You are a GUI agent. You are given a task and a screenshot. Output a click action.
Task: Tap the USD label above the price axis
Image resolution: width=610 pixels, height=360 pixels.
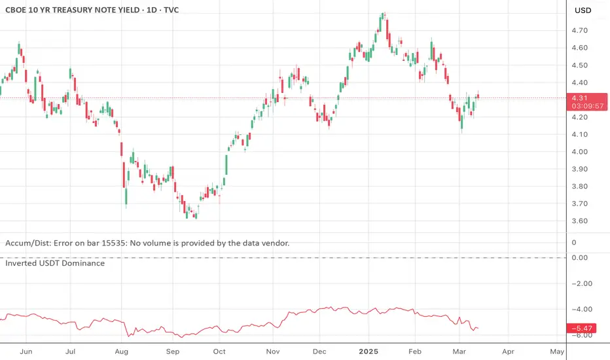[583, 10]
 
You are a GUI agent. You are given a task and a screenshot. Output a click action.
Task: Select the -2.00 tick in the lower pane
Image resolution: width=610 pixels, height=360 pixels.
[582, 283]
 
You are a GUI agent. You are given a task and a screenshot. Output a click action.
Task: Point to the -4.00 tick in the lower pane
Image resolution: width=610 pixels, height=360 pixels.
[582, 310]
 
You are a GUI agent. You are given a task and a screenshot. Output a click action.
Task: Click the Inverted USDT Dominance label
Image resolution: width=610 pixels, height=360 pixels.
[54, 263]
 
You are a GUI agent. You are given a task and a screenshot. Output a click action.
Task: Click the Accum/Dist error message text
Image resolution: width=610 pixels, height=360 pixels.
[147, 243]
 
